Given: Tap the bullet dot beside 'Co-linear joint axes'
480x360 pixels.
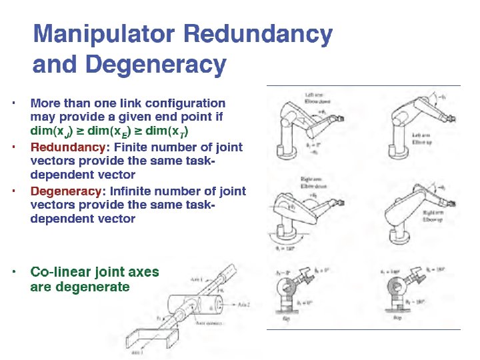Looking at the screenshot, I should (x=13, y=271).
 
